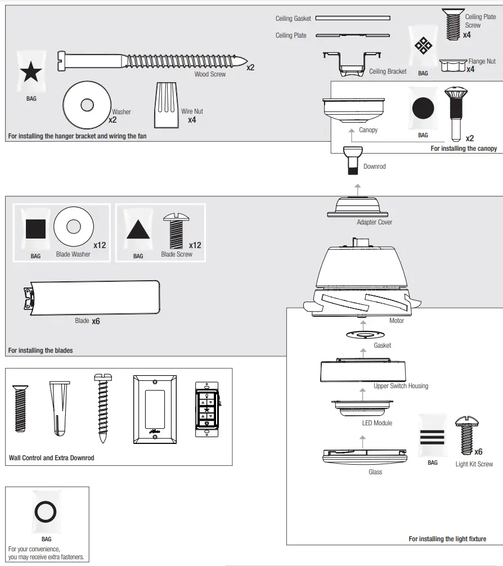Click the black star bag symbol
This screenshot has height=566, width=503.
point(31,73)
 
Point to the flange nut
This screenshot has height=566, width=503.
point(453,66)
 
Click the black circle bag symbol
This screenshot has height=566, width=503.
point(423,108)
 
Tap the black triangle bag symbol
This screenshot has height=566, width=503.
point(137,230)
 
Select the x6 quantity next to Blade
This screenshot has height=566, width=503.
point(96,321)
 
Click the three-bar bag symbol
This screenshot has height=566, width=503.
point(432,437)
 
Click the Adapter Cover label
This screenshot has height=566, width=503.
point(374,222)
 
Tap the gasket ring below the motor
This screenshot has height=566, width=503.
point(366,334)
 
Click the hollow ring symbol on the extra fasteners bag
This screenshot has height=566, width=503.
point(46,513)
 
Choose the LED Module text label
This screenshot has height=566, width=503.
point(378,423)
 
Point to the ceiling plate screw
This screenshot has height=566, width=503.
point(452,24)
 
